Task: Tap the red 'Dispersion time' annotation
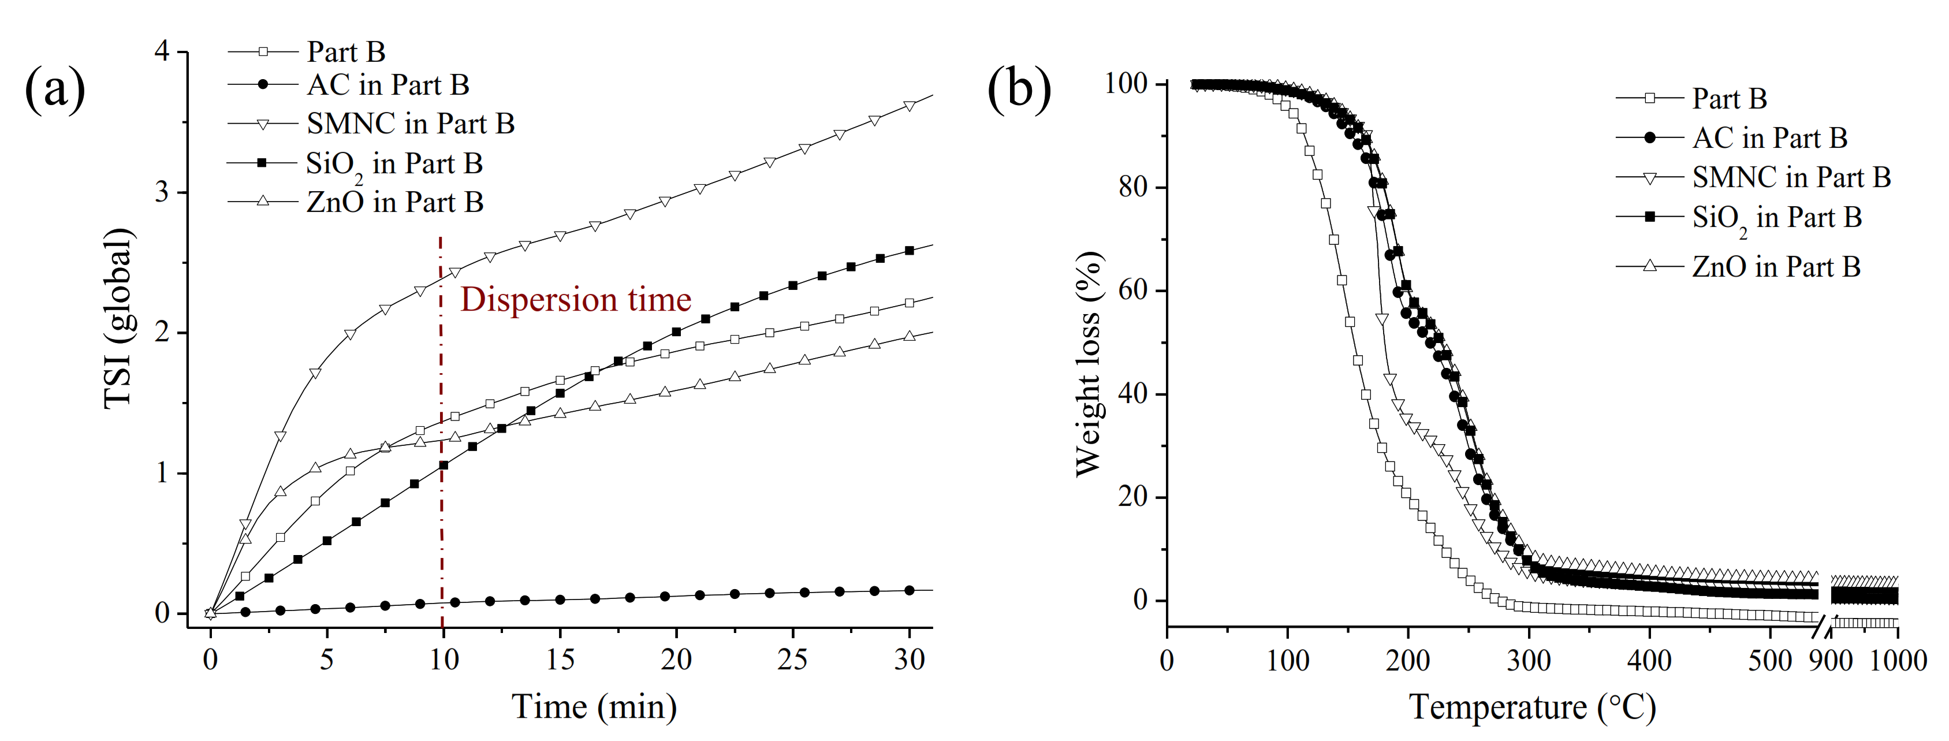pyautogui.click(x=575, y=300)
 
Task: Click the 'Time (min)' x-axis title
pyautogui.click(x=594, y=707)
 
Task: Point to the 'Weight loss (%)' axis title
pyautogui.click(x=1089, y=363)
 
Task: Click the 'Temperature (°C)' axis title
pyautogui.click(x=1532, y=707)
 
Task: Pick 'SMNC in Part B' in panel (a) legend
pyautogui.click(x=410, y=124)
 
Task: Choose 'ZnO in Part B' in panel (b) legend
pyautogui.click(x=1776, y=266)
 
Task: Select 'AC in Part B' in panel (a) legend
pyautogui.click(x=387, y=85)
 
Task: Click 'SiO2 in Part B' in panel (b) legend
pyautogui.click(x=1776, y=218)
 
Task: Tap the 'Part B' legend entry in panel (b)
pyautogui.click(x=1729, y=98)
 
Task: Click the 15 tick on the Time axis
pyautogui.click(x=560, y=660)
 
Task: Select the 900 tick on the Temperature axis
pyautogui.click(x=1831, y=661)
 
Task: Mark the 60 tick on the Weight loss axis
pyautogui.click(x=1132, y=291)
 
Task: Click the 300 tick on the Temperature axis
pyautogui.click(x=1529, y=661)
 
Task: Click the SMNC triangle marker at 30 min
pyautogui.click(x=910, y=106)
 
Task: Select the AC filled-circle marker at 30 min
pyautogui.click(x=910, y=590)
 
